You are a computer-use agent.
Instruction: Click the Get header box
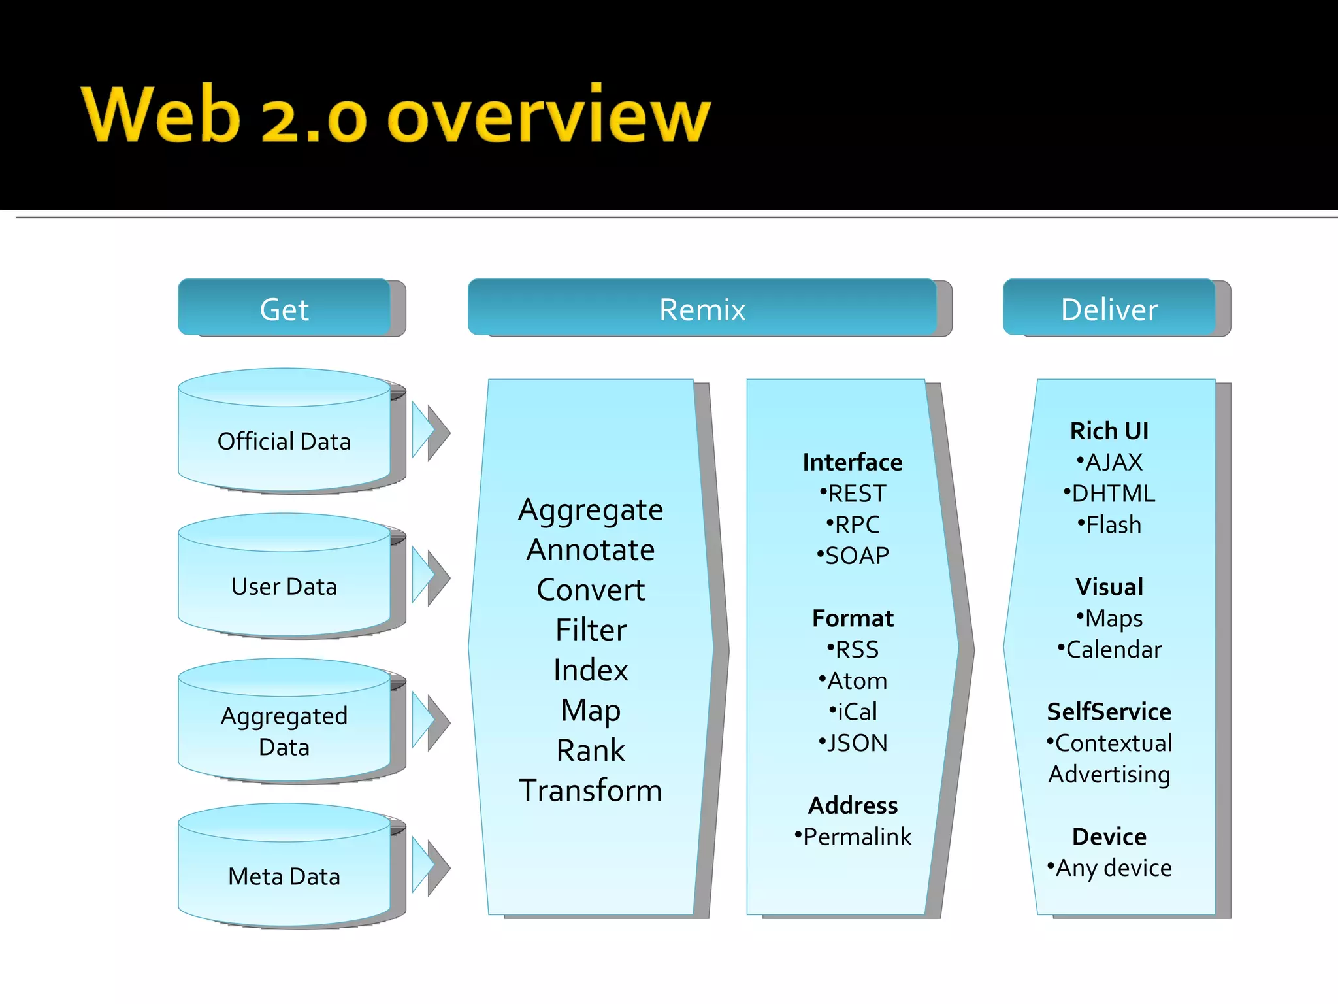(284, 309)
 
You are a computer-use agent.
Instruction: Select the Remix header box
(702, 309)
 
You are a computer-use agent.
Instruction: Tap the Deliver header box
(1109, 309)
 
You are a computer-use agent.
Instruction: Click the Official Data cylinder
(284, 441)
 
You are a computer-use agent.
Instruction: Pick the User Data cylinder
(284, 586)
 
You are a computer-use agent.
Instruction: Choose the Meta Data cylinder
(284, 876)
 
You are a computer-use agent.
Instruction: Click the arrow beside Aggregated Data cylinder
(431, 722)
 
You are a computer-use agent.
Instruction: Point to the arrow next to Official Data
(431, 431)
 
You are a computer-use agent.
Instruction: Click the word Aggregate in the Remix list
(591, 510)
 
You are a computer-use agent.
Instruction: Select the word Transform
(591, 790)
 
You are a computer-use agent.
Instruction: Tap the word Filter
(591, 630)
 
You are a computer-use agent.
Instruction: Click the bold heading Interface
(853, 462)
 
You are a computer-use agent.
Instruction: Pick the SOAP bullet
(853, 556)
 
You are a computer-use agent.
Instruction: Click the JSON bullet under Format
(853, 743)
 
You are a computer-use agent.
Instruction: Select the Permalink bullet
(853, 837)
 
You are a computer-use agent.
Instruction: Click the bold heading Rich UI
(1109, 431)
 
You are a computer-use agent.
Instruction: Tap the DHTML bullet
(1109, 494)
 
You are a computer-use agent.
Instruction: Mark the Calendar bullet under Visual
(1110, 650)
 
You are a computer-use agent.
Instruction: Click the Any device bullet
(1109, 868)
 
